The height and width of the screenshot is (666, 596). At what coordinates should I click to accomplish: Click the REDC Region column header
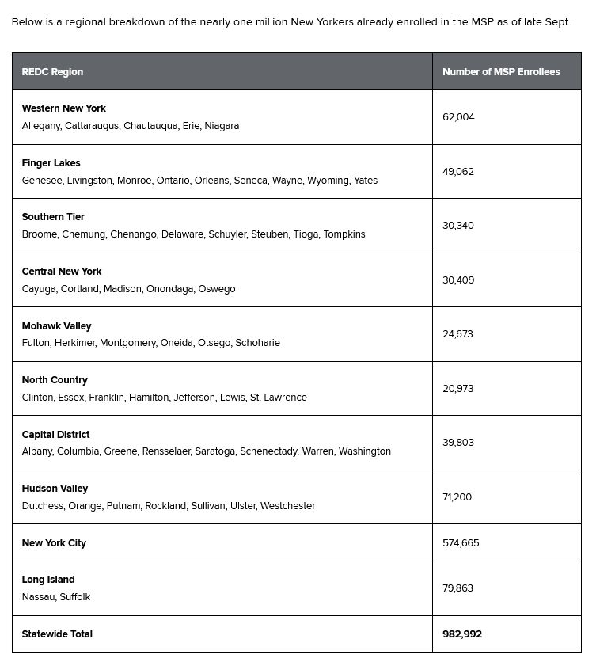52,72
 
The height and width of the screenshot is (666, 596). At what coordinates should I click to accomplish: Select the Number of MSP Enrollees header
501,72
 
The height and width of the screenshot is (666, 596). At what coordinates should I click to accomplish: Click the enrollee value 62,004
458,117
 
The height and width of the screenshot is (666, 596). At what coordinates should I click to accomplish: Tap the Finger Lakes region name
51,163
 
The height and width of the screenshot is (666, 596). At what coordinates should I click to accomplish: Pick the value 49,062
458,172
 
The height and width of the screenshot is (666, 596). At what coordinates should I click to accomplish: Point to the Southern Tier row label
53,217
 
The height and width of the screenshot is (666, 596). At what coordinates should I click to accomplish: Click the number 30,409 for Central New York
458,280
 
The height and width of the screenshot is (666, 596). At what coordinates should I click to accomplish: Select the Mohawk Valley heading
56,326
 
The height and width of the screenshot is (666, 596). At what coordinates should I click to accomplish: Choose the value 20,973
457,389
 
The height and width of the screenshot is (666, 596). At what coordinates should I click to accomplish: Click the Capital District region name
55,435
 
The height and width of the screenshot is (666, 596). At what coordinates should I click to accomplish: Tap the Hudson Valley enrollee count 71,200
457,497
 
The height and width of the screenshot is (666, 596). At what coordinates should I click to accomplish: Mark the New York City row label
54,543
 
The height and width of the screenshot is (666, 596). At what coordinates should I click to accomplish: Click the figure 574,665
461,543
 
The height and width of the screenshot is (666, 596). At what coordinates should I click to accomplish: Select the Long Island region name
48,580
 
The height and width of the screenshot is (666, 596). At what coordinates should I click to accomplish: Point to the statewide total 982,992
462,634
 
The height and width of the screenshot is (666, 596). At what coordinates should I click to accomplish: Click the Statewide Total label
57,634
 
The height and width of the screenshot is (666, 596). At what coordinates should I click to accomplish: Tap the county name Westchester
287,506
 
